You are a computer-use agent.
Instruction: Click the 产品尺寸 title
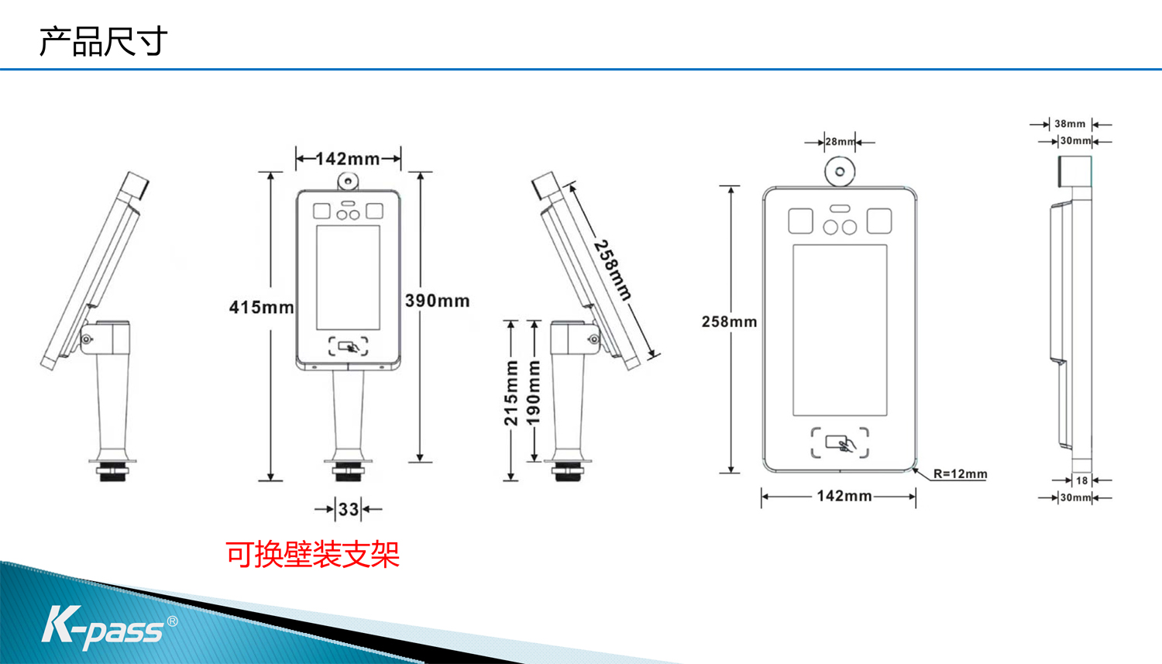103,42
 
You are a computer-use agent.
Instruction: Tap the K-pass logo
109,628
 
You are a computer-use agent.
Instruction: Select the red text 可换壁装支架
312,555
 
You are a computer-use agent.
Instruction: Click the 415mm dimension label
262,307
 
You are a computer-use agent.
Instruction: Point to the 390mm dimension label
438,301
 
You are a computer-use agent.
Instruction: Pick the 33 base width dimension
349,509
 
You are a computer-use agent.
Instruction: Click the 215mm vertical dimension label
511,393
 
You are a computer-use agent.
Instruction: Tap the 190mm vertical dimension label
534,393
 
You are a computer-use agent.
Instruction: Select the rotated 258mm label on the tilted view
613,270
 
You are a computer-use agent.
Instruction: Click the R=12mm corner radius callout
961,473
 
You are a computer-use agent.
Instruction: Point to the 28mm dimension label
840,142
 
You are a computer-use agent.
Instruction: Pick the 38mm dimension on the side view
1070,124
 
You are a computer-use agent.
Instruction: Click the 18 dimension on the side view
1081,480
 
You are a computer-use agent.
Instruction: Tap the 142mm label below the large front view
844,497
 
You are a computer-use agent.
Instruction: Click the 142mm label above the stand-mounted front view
348,159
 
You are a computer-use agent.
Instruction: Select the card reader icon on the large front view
840,443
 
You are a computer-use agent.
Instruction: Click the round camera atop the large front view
840,171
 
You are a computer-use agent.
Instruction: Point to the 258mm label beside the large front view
730,322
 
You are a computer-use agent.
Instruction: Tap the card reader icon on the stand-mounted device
349,346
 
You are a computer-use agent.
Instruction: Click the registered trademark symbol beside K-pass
172,621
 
